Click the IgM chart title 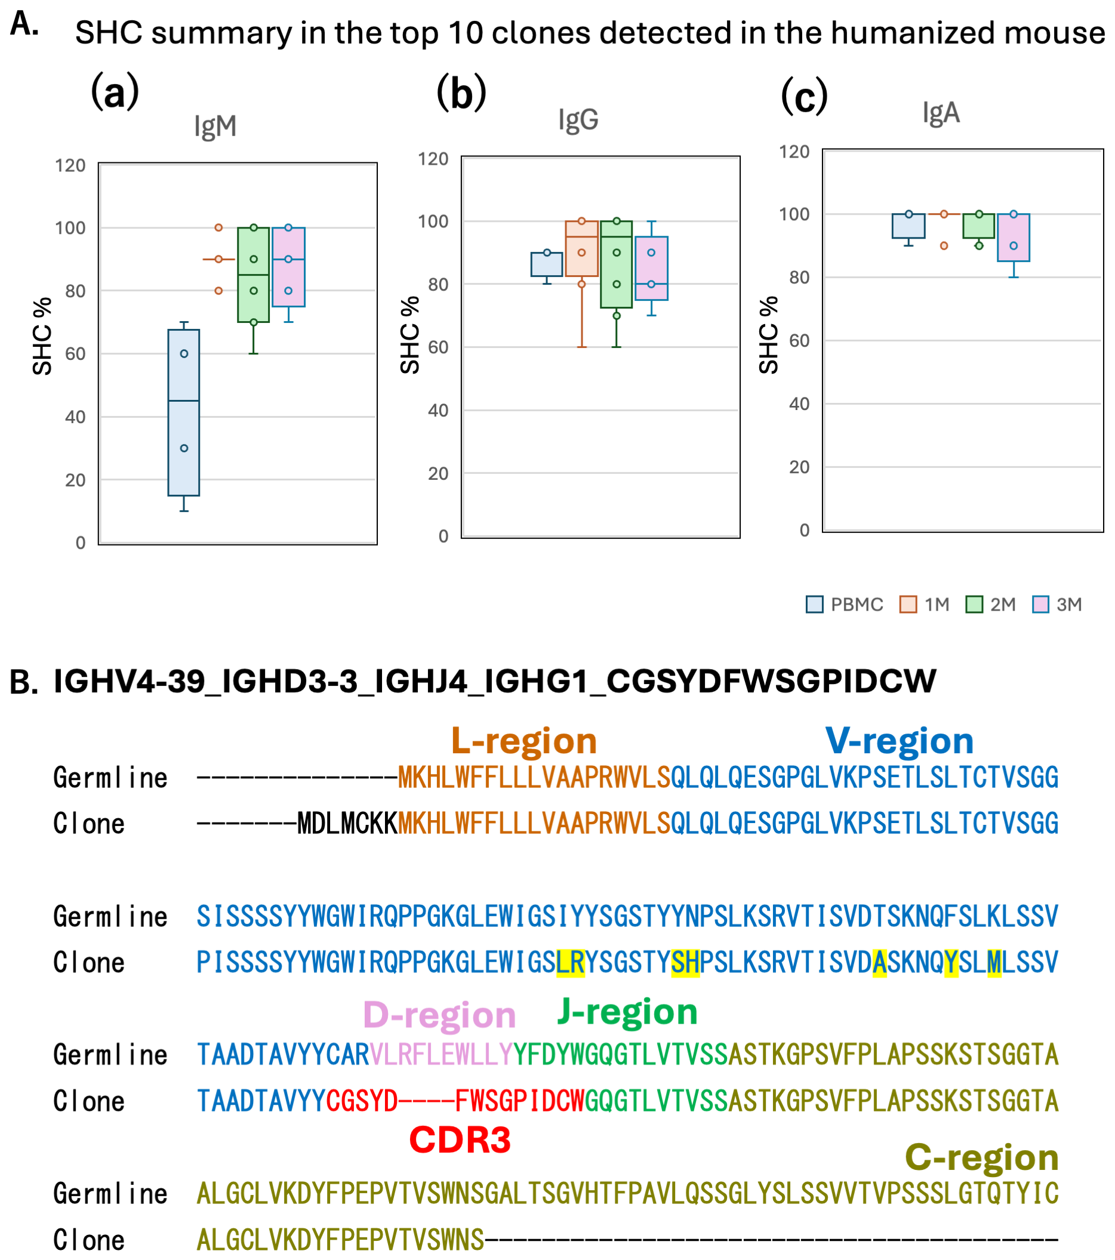tap(215, 126)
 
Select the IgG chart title tap(578, 119)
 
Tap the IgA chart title tap(941, 113)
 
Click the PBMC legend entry tap(845, 604)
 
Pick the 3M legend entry tap(1057, 604)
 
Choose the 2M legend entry tap(991, 604)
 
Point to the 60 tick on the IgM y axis tap(75, 354)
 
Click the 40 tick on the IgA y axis tap(799, 403)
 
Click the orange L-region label tap(524, 740)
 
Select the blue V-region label tap(900, 740)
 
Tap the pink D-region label tap(439, 1014)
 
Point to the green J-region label tap(627, 1012)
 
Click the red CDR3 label tap(460, 1139)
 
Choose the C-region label tap(981, 1157)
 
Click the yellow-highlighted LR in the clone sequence tap(570, 962)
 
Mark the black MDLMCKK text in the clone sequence tap(347, 824)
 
